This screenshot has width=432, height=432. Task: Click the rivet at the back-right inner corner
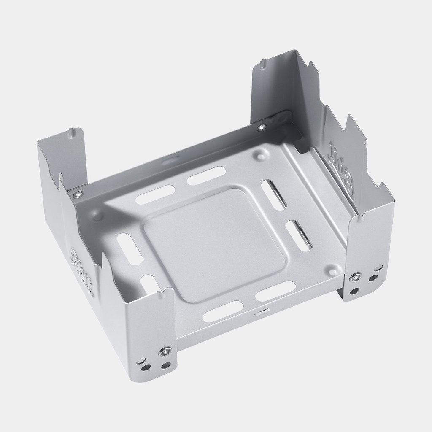click(262, 127)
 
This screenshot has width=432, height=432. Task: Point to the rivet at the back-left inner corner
click(78, 194)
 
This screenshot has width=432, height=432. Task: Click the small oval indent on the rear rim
click(170, 161)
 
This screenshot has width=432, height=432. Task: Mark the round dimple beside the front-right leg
click(333, 268)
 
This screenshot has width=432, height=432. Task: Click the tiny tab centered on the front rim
click(260, 313)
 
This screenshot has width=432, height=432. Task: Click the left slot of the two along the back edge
click(155, 194)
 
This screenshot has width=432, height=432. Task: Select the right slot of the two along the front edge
click(275, 291)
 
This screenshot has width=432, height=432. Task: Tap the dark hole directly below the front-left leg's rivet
click(166, 365)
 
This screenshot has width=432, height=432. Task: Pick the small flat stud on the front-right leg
click(378, 267)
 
